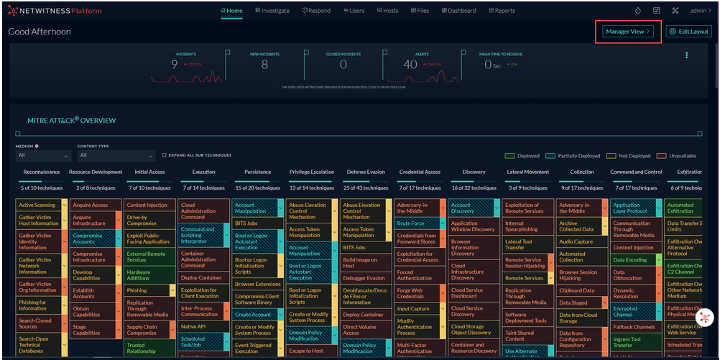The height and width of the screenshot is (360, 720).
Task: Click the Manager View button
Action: point(628,32)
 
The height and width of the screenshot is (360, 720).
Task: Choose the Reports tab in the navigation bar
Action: point(502,11)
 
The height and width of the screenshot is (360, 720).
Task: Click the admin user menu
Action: point(700,11)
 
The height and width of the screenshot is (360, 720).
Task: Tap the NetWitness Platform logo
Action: point(55,11)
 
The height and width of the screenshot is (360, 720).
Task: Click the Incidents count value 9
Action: point(175,65)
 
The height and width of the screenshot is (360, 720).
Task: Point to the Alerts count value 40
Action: point(410,65)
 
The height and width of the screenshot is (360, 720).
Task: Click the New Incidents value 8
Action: point(264,65)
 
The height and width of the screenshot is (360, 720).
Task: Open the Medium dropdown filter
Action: point(43,155)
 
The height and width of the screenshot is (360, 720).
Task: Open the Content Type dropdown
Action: point(116,155)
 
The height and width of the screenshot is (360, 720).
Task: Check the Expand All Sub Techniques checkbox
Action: point(165,155)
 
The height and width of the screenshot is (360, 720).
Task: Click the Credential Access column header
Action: point(420,172)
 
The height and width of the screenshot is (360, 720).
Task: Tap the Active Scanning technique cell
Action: point(37,206)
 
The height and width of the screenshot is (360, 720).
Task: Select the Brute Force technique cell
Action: point(411,223)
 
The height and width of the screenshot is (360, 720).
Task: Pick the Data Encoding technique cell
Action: point(630,260)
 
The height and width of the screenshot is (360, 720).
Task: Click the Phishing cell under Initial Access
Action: point(137,291)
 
